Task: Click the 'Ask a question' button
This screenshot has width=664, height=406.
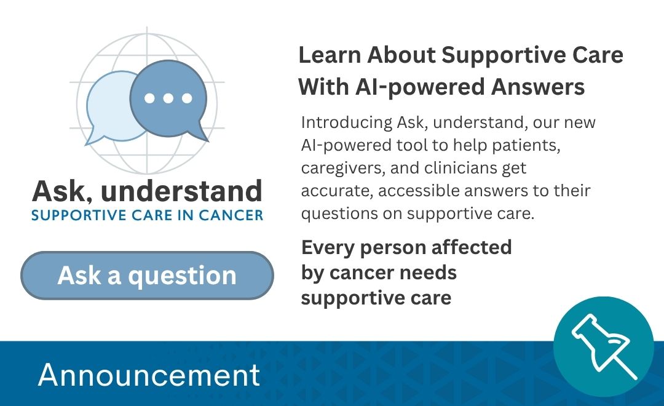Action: pos(147,276)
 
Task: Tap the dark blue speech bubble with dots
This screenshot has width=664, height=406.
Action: pos(168,100)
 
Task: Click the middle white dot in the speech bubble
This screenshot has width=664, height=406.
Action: pos(168,98)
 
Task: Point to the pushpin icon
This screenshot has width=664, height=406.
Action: pos(604,346)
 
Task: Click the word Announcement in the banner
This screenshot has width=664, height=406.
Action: pos(149,375)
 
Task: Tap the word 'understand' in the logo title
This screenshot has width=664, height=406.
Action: pos(181,191)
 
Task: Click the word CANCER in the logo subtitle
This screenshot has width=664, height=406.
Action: pos(231,215)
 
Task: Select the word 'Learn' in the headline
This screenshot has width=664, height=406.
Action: pos(330,55)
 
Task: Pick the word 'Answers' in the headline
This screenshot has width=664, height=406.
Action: pos(538,87)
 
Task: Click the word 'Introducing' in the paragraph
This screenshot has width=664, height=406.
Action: pos(346,122)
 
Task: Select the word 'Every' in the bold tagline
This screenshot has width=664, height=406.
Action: pos(328,248)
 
